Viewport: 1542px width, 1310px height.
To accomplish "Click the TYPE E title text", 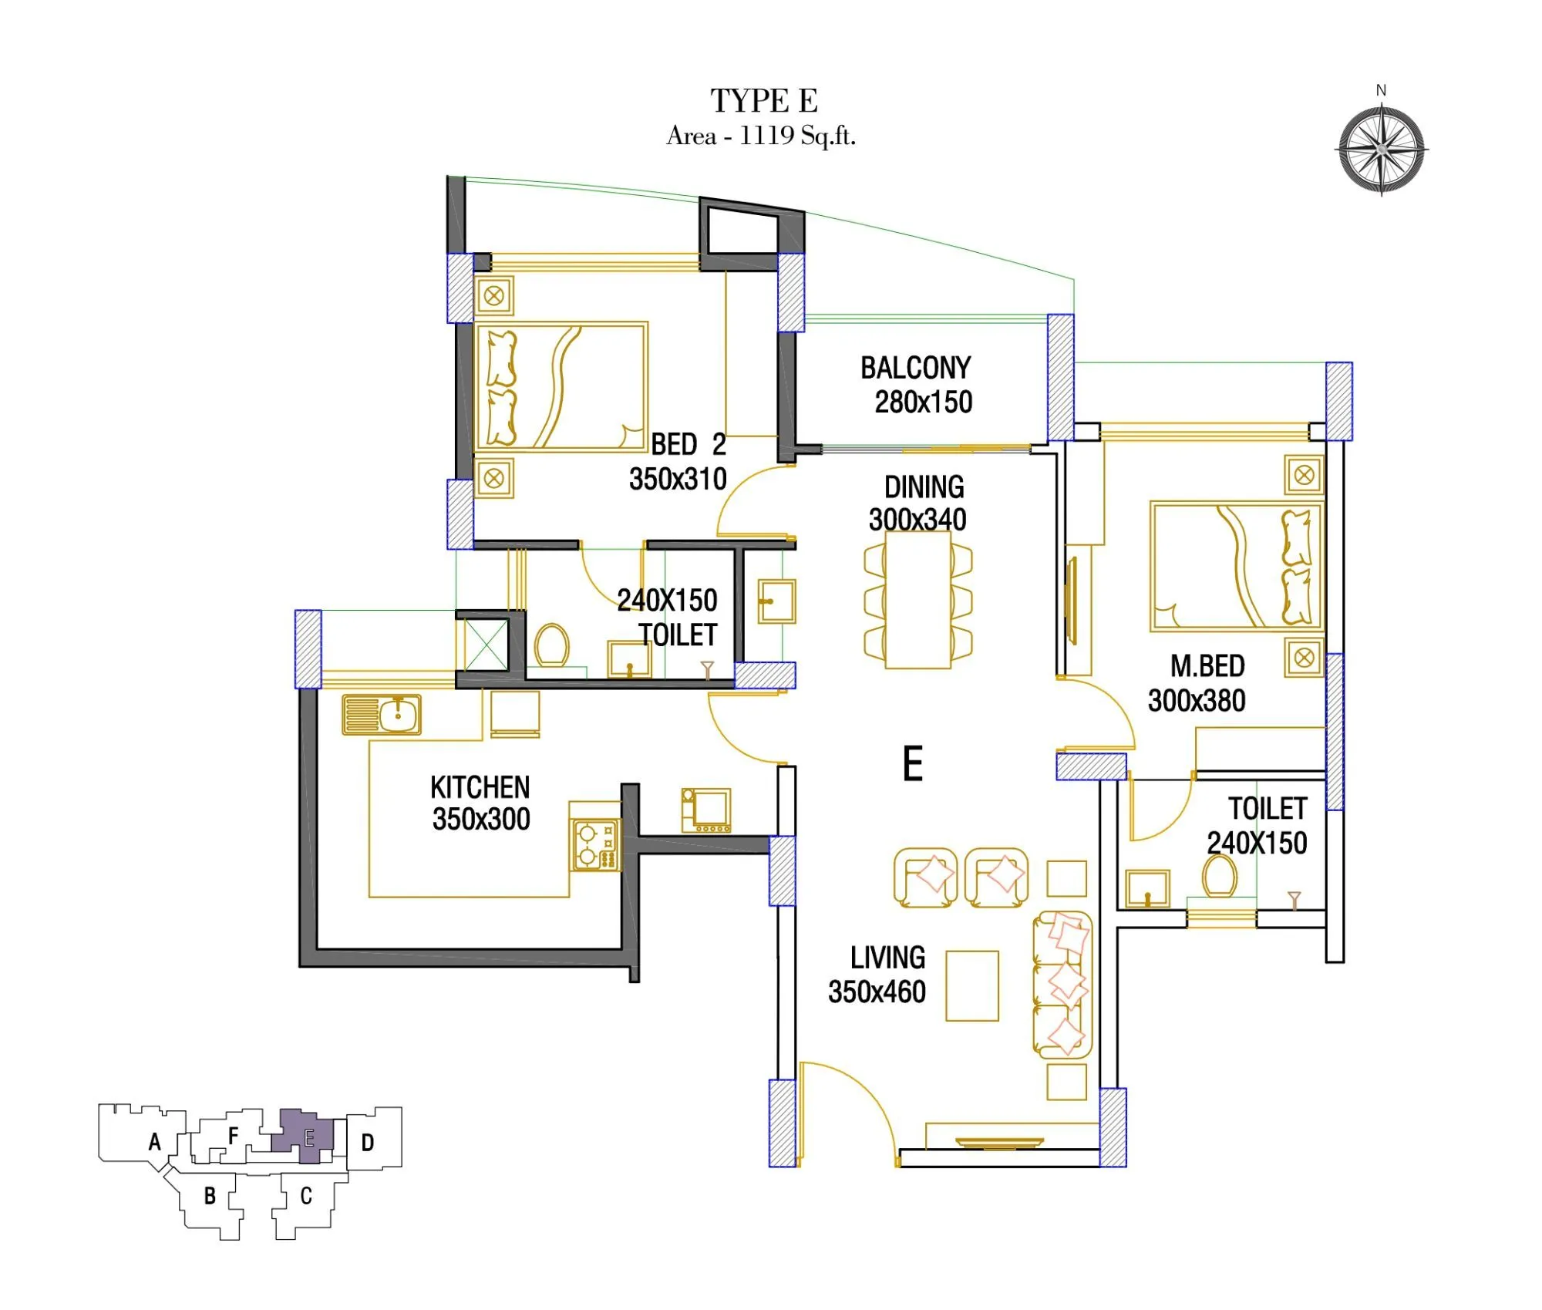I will (x=763, y=101).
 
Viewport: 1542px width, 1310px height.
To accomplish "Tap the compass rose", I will (x=1381, y=150).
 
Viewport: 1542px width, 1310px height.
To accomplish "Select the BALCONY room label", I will (x=915, y=369).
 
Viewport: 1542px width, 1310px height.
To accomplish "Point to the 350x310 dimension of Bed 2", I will (x=678, y=480).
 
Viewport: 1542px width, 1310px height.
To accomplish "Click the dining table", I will (x=917, y=600).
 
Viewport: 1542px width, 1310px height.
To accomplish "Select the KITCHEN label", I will (x=480, y=788).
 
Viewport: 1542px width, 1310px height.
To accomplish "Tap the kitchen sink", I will (x=382, y=715).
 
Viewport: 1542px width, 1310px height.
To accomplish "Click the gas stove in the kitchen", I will (x=595, y=845).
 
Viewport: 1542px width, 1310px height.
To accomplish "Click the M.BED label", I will (x=1207, y=666).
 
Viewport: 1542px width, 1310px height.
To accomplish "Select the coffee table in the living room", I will (x=971, y=985).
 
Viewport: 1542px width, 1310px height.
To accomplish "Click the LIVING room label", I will (x=887, y=958).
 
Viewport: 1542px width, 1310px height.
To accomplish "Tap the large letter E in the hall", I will (x=913, y=764).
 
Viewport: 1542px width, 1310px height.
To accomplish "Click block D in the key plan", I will (x=368, y=1143).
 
